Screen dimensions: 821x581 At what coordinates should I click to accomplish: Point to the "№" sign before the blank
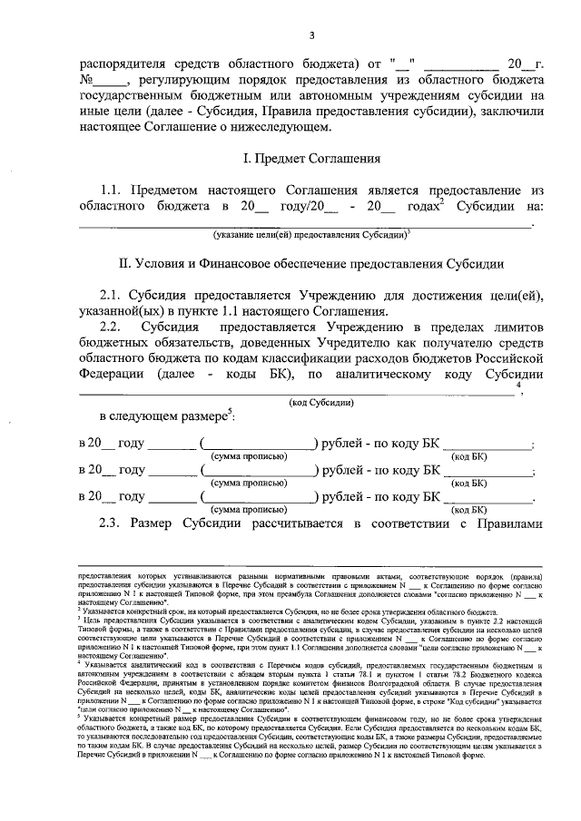point(89,80)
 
